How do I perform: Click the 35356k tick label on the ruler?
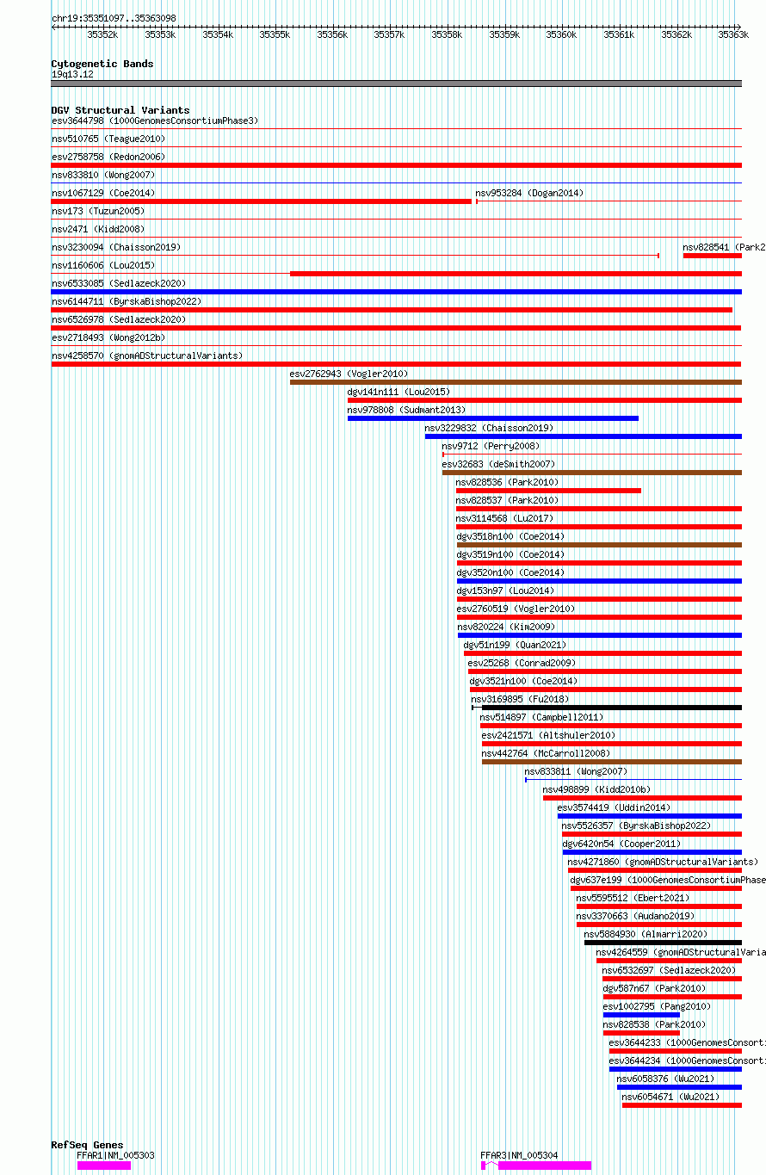[332, 34]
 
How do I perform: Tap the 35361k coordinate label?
[619, 34]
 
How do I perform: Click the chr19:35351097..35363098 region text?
[114, 18]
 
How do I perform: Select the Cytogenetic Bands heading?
[102, 64]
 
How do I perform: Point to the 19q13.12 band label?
[72, 75]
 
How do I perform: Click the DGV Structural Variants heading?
[120, 110]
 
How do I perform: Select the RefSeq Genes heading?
[87, 1145]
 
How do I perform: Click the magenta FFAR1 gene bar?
[104, 1166]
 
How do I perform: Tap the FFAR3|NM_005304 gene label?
[519, 1155]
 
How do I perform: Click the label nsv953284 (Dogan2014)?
[529, 193]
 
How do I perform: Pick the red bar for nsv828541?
[712, 256]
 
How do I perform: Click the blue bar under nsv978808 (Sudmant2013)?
[493, 418]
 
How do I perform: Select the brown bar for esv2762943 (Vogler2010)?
[516, 382]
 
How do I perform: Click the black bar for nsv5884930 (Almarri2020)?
[664, 943]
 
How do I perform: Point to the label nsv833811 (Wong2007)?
[576, 771]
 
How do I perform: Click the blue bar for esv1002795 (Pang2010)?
[641, 1015]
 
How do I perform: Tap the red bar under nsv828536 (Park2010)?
[548, 491]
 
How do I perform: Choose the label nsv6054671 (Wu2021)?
[670, 1097]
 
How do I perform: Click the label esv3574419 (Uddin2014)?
[614, 807]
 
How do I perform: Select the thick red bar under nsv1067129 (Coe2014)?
[261, 201]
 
